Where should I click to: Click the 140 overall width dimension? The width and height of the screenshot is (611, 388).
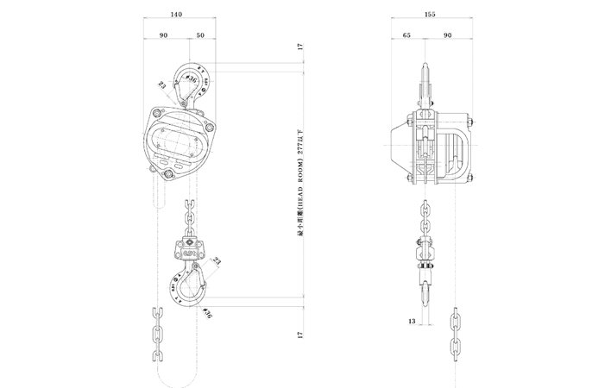[178, 16]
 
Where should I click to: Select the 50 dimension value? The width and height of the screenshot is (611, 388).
[200, 35]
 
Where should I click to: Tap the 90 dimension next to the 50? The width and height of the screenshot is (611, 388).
[163, 35]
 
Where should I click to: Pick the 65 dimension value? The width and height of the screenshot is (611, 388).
[406, 35]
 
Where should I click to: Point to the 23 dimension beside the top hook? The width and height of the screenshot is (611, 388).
[161, 84]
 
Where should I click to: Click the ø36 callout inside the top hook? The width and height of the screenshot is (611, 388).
[191, 80]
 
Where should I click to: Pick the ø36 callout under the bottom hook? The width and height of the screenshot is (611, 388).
[207, 311]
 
